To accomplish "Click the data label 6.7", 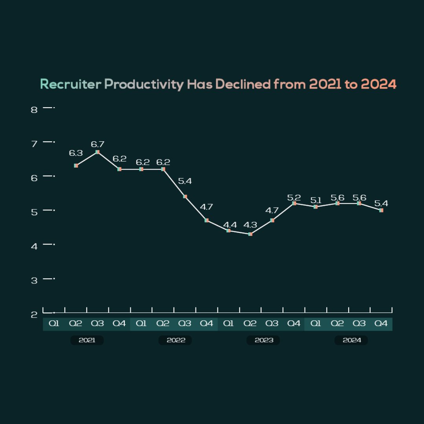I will pyautogui.click(x=97, y=144).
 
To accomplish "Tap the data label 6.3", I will pyautogui.click(x=76, y=154).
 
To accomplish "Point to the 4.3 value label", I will pyautogui.click(x=250, y=225).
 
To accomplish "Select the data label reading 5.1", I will pyautogui.click(x=316, y=201).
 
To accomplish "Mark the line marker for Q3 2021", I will pyautogui.click(x=97, y=152).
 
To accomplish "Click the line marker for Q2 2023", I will pyautogui.click(x=250, y=234).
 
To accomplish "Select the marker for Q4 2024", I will pyautogui.click(x=381, y=210).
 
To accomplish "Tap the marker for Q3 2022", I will pyautogui.click(x=185, y=196).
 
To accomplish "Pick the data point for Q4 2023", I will pyautogui.click(x=294, y=203).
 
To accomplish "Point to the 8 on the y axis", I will pyautogui.click(x=34, y=110).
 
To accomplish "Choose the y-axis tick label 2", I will pyautogui.click(x=34, y=315).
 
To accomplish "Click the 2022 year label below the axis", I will pyautogui.click(x=175, y=340).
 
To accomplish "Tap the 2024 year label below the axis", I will pyautogui.click(x=351, y=340).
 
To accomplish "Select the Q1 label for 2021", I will pyautogui.click(x=54, y=324).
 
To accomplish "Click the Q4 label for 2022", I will pyautogui.click(x=207, y=324).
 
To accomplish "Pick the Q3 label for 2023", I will pyautogui.click(x=272, y=324).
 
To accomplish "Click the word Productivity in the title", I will pyautogui.click(x=144, y=84).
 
